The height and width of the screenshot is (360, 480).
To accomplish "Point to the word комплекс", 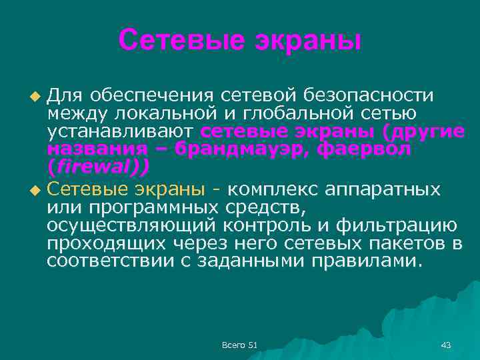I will point(273,190).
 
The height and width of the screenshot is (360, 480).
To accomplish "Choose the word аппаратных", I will point(383,190).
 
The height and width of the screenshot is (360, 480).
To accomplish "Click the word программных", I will point(150,208).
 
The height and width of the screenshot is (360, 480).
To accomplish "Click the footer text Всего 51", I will point(239,345).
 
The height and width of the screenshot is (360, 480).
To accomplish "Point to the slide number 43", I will point(446,345).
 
